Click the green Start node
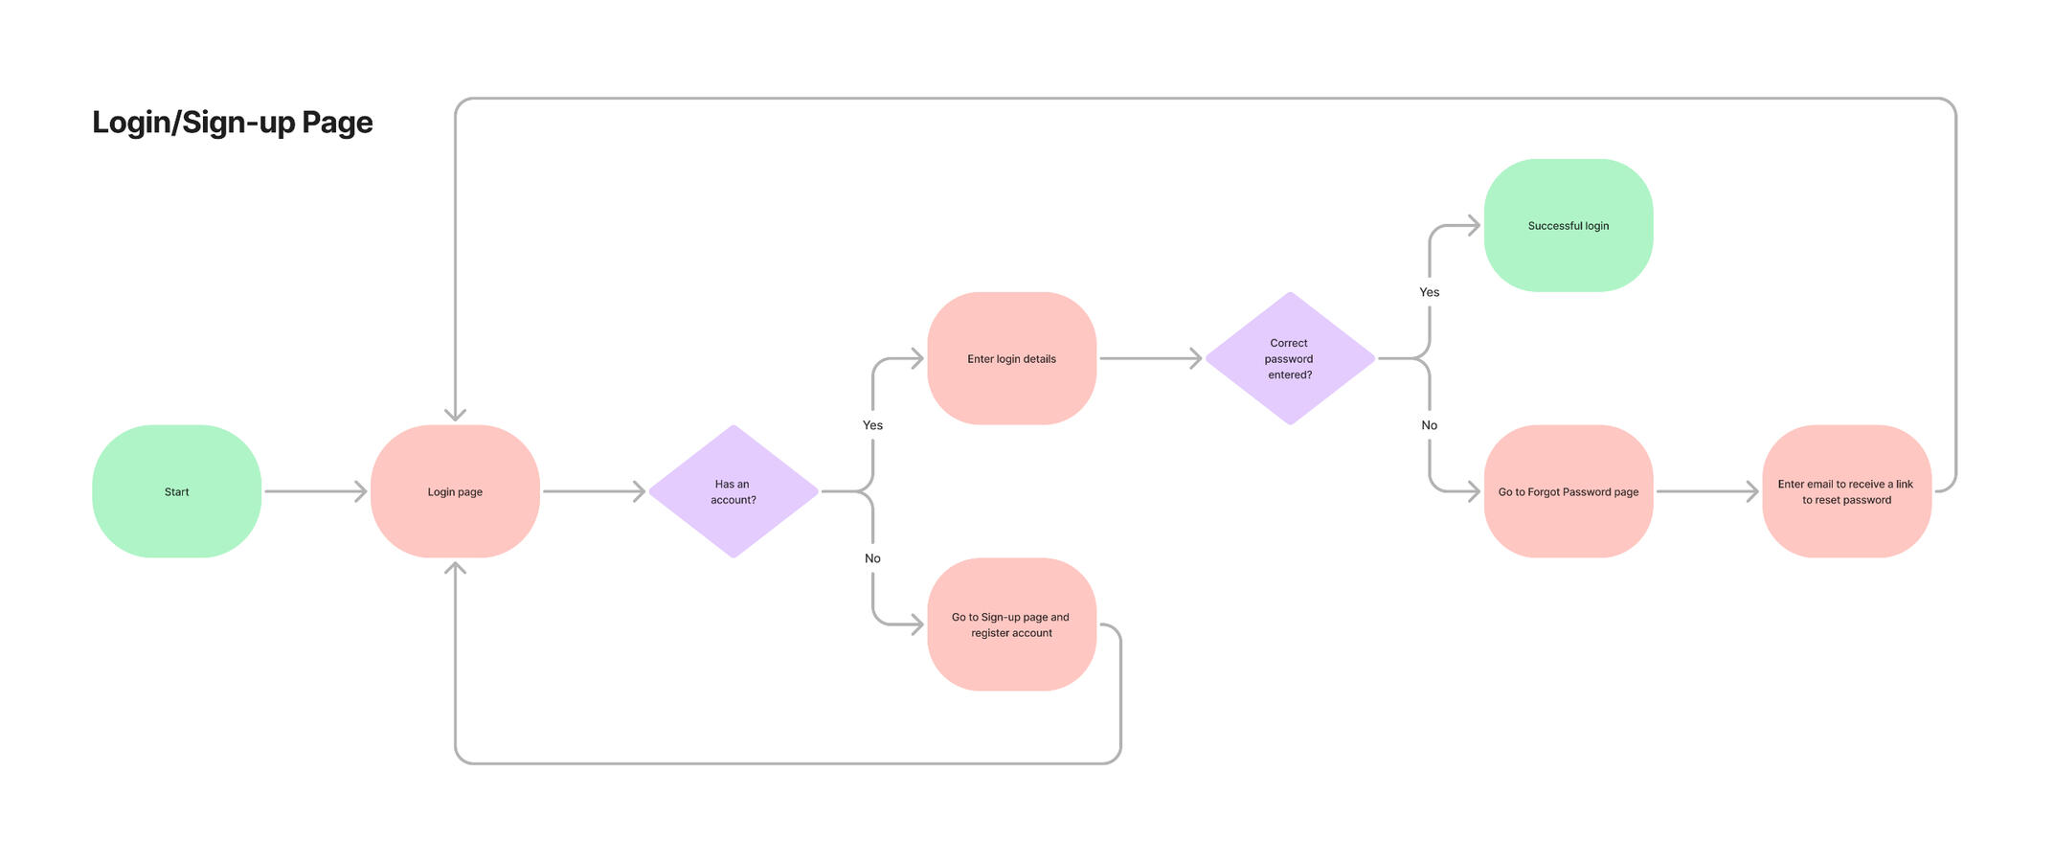click(x=176, y=491)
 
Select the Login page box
click(x=455, y=491)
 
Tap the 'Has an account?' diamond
click(x=734, y=491)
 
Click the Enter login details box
click(x=1011, y=358)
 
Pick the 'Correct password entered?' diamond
click(x=1290, y=358)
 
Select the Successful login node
click(x=1568, y=225)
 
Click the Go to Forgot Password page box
click(x=1568, y=491)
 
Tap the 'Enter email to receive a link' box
click(x=1846, y=491)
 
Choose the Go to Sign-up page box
click(x=1011, y=624)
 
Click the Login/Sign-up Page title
click(x=232, y=123)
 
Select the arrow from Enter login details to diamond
click(x=1149, y=358)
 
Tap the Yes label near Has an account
click(x=872, y=425)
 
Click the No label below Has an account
click(x=872, y=558)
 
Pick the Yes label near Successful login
click(x=1429, y=292)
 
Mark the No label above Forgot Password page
click(x=1429, y=425)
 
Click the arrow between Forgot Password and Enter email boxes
click(x=1706, y=491)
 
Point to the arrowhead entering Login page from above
click(x=455, y=414)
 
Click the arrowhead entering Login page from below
click(x=455, y=569)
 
